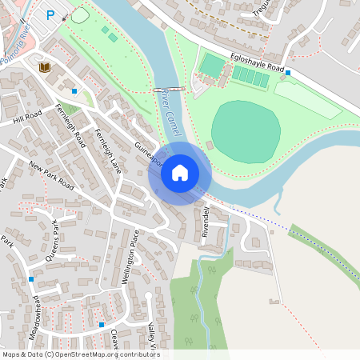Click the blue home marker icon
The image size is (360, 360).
(180, 172)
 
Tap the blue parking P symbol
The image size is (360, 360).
(51, 14)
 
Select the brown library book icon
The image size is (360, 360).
(45, 67)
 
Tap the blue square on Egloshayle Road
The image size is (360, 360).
(288, 73)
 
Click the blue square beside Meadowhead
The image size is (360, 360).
(31, 278)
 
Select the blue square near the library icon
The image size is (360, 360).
(74, 90)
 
